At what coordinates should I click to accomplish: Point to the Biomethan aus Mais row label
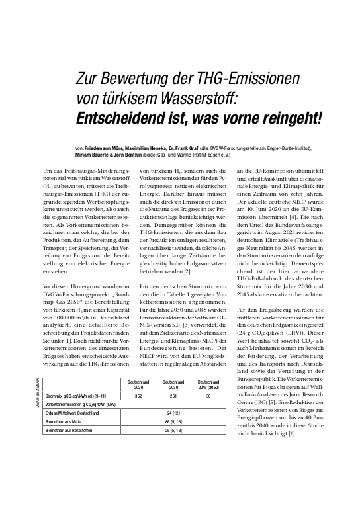pos(64,421)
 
